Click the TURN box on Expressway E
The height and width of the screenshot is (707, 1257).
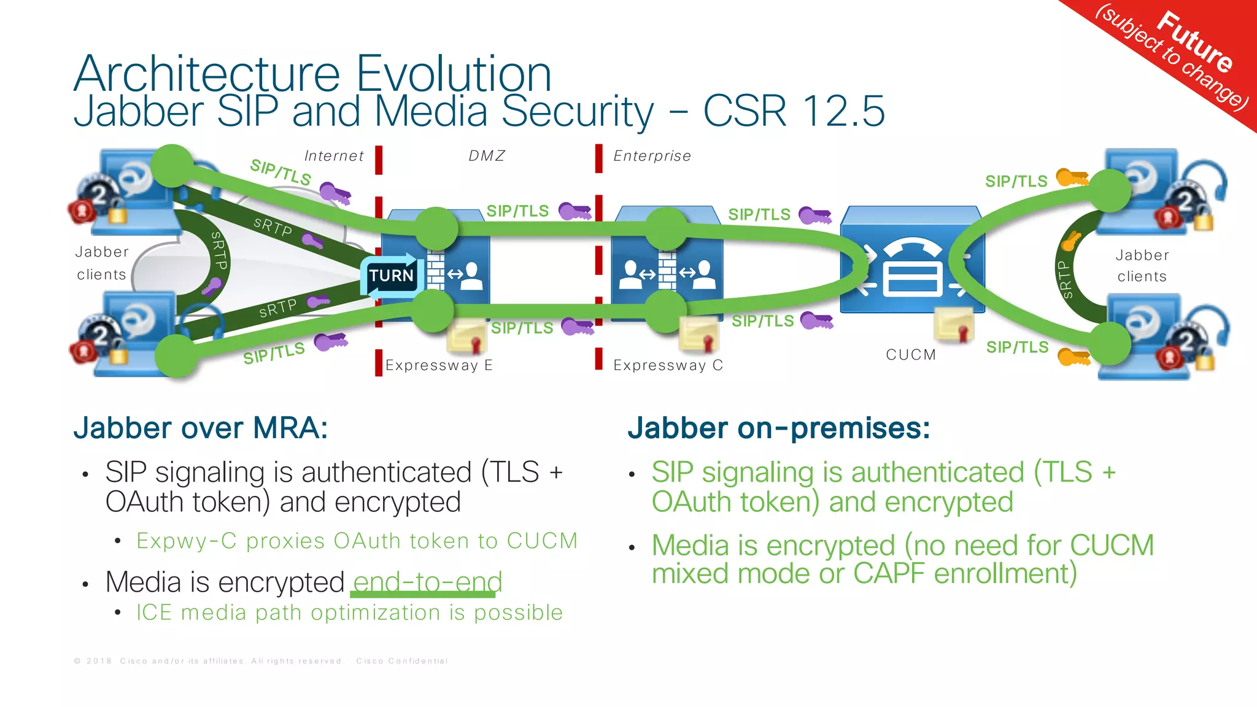[x=392, y=276]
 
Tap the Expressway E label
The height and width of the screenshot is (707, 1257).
[x=439, y=366]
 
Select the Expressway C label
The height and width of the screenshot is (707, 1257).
[x=668, y=366]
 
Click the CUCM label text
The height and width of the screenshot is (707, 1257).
[x=911, y=355]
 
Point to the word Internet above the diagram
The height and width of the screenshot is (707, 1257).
[x=334, y=156]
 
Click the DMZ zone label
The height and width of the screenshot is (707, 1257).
[x=487, y=156]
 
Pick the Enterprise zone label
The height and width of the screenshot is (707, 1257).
[x=652, y=156]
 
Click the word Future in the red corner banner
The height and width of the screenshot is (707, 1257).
[x=1194, y=42]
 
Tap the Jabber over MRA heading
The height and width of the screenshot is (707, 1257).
[x=201, y=428]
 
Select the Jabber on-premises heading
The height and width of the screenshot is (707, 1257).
[x=778, y=428]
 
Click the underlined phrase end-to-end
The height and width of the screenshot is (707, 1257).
[x=427, y=582]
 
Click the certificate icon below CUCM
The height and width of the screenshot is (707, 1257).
[x=954, y=325]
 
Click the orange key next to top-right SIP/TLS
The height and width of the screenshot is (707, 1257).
[x=1072, y=178]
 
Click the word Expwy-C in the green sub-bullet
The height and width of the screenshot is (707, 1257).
[x=186, y=541]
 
